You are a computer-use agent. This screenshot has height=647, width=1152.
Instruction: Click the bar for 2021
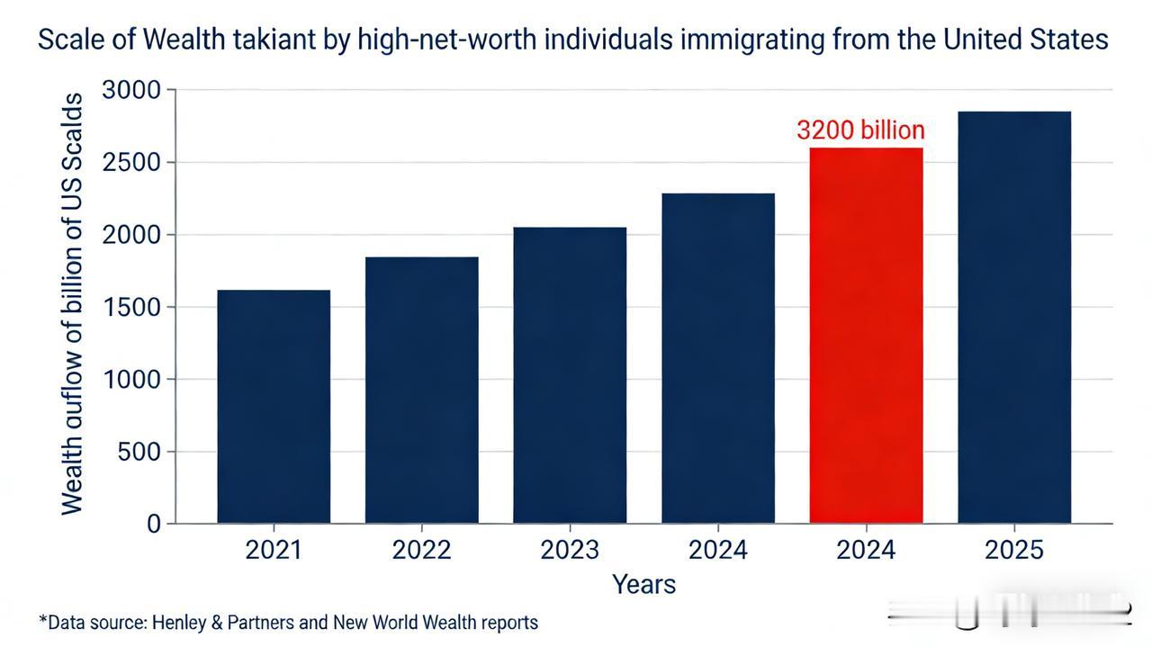tap(274, 406)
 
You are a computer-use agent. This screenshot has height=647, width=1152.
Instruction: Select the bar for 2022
tap(421, 390)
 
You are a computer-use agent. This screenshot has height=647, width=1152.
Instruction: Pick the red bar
tap(866, 335)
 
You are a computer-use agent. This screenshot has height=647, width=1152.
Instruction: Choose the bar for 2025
tap(1014, 317)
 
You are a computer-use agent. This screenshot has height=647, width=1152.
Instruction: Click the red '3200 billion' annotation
tap(860, 130)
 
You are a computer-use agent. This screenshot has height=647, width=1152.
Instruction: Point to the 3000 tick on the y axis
tap(131, 90)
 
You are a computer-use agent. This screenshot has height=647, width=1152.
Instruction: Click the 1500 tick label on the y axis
tap(131, 307)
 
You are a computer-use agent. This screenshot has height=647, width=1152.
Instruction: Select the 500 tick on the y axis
tap(139, 452)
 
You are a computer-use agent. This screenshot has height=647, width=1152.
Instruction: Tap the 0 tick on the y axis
tap(154, 524)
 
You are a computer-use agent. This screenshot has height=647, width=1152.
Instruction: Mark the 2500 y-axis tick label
tap(131, 163)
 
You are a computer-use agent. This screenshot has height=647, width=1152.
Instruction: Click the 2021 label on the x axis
tap(274, 550)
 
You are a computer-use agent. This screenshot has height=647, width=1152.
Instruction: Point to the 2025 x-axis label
tap(1014, 550)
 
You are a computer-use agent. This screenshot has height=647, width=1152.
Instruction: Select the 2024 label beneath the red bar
tap(866, 550)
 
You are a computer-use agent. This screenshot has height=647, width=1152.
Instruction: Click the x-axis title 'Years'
tap(643, 584)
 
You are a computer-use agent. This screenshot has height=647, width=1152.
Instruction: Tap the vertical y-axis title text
tap(72, 304)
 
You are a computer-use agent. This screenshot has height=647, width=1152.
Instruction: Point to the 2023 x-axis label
tap(570, 550)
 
